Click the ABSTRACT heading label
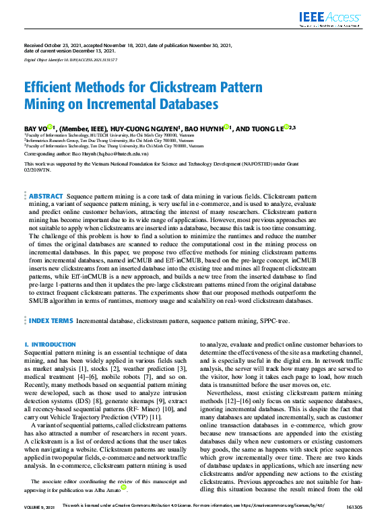(x=46, y=176)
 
